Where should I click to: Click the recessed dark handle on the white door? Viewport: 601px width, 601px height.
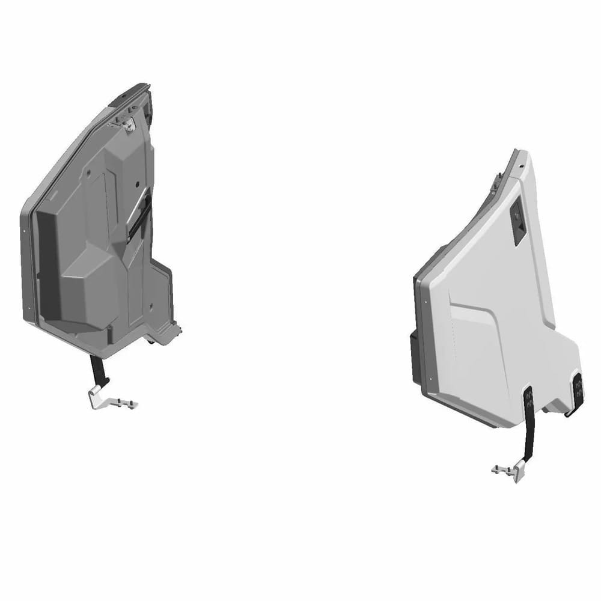tap(517, 223)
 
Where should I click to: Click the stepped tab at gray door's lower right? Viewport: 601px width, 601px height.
tap(174, 330)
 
